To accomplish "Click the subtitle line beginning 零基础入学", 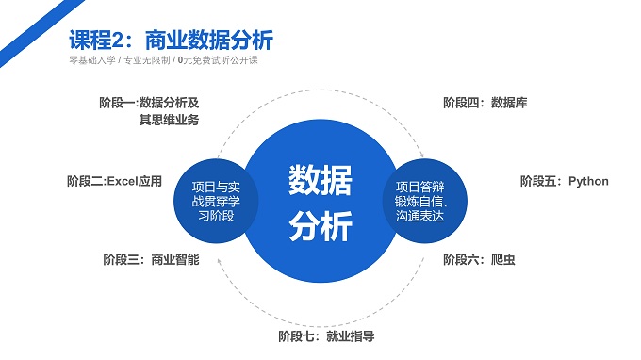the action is (163, 61).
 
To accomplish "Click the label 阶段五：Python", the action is (565, 181).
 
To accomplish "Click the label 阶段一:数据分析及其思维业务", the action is (149, 111).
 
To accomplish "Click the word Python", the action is (589, 181).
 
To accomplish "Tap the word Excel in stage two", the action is (123, 181).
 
